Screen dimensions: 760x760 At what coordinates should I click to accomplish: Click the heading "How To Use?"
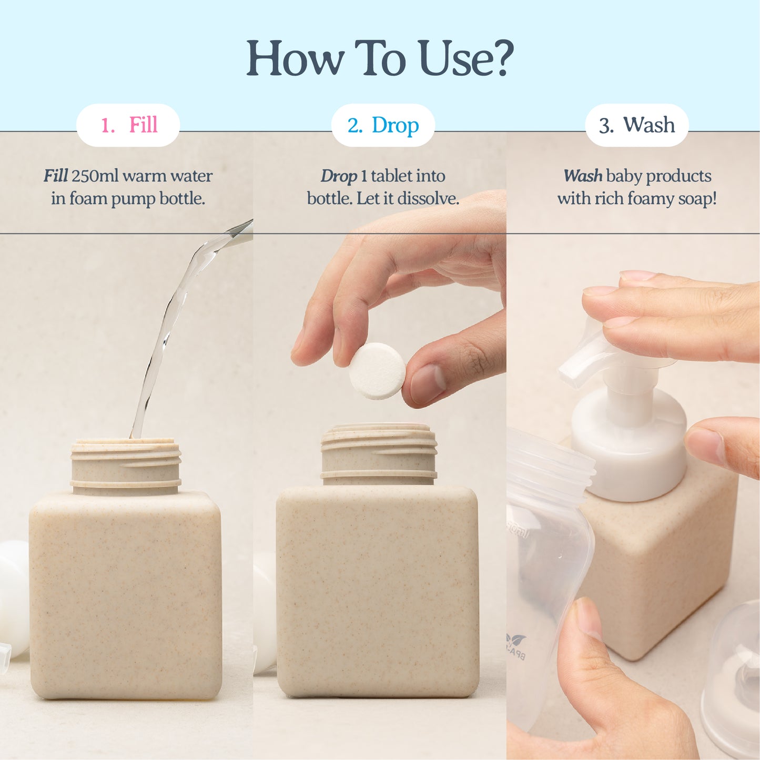point(380,58)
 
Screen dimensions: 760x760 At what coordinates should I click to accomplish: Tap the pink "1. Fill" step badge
point(128,125)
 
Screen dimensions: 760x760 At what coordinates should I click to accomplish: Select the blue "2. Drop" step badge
point(383,125)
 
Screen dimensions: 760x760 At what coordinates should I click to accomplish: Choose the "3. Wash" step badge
point(636,125)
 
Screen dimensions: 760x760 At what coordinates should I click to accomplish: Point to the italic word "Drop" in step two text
point(338,176)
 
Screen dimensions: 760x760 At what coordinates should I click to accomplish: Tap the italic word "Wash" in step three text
point(583,176)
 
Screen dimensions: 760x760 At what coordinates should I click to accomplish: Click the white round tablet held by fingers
point(377,370)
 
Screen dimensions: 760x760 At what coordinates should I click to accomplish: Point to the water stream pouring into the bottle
point(168,326)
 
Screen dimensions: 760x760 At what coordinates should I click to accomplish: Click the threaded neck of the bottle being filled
point(126,466)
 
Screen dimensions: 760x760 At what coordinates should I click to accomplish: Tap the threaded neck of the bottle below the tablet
point(379,454)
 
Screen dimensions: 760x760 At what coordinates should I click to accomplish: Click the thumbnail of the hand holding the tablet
point(427,383)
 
